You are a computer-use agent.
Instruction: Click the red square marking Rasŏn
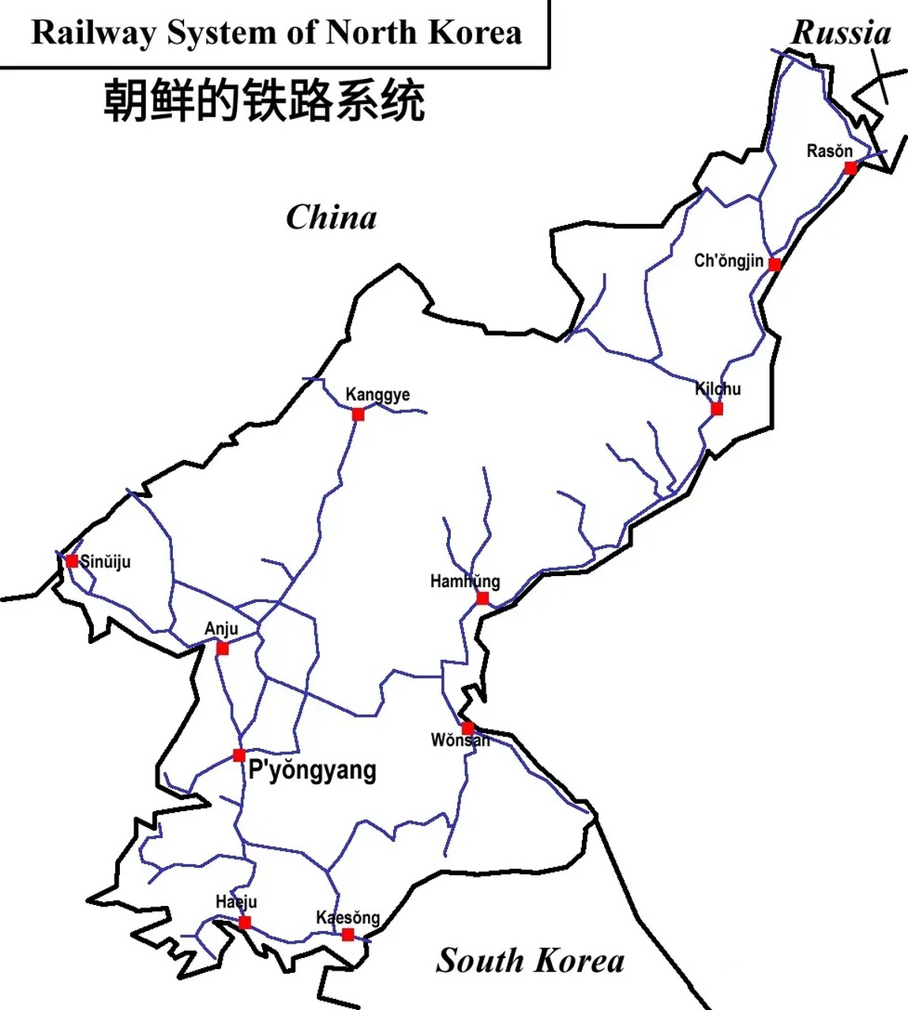click(x=850, y=167)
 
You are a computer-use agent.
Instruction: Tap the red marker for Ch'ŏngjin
click(x=775, y=264)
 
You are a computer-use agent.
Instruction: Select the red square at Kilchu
click(x=716, y=409)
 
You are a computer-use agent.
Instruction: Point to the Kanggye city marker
click(x=358, y=414)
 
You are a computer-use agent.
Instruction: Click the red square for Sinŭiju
click(x=72, y=561)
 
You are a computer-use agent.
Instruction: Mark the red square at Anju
click(x=223, y=649)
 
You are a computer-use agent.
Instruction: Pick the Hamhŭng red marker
click(x=482, y=598)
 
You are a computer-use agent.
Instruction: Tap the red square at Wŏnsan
click(x=467, y=728)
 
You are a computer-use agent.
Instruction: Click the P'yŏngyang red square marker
click(x=239, y=755)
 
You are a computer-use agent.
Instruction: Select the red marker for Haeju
click(x=245, y=922)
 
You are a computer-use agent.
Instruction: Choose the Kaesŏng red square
click(x=347, y=935)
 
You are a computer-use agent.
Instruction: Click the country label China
click(x=331, y=217)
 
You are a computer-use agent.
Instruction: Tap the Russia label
click(x=841, y=33)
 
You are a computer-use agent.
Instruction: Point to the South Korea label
click(x=530, y=960)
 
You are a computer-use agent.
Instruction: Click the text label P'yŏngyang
click(x=312, y=770)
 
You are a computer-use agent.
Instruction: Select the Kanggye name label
click(x=377, y=394)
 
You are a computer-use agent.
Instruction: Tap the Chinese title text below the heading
click(x=265, y=101)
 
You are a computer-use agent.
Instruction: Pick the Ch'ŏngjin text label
click(x=728, y=261)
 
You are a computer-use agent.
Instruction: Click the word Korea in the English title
click(x=475, y=33)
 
